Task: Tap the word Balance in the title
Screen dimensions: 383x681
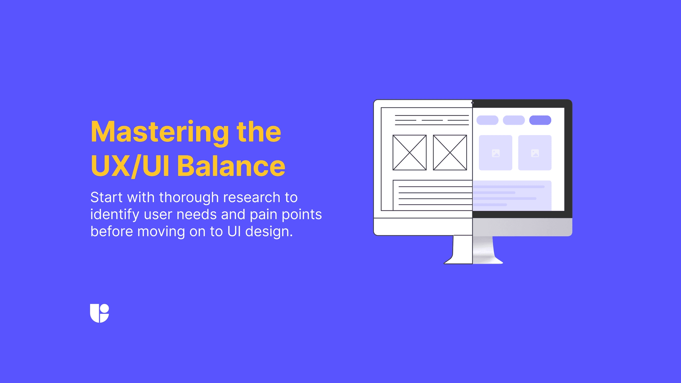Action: pos(231,166)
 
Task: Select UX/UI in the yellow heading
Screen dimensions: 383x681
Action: pos(130,166)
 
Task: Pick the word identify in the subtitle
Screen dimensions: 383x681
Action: pos(115,215)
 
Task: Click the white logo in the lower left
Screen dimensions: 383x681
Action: pos(99,313)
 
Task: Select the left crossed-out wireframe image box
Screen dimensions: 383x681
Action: pos(409,153)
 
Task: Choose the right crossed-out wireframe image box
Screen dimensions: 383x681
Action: pos(450,153)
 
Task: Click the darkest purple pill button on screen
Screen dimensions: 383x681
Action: pos(540,120)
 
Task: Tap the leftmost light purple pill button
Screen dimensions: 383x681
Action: pos(487,120)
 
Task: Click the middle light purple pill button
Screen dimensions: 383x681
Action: pos(514,120)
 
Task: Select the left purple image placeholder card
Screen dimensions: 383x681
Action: pos(495,153)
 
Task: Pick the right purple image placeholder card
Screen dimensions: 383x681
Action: pos(535,153)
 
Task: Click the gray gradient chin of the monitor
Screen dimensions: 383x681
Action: pos(522,227)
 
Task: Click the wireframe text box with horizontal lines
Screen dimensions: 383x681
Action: pos(433,195)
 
